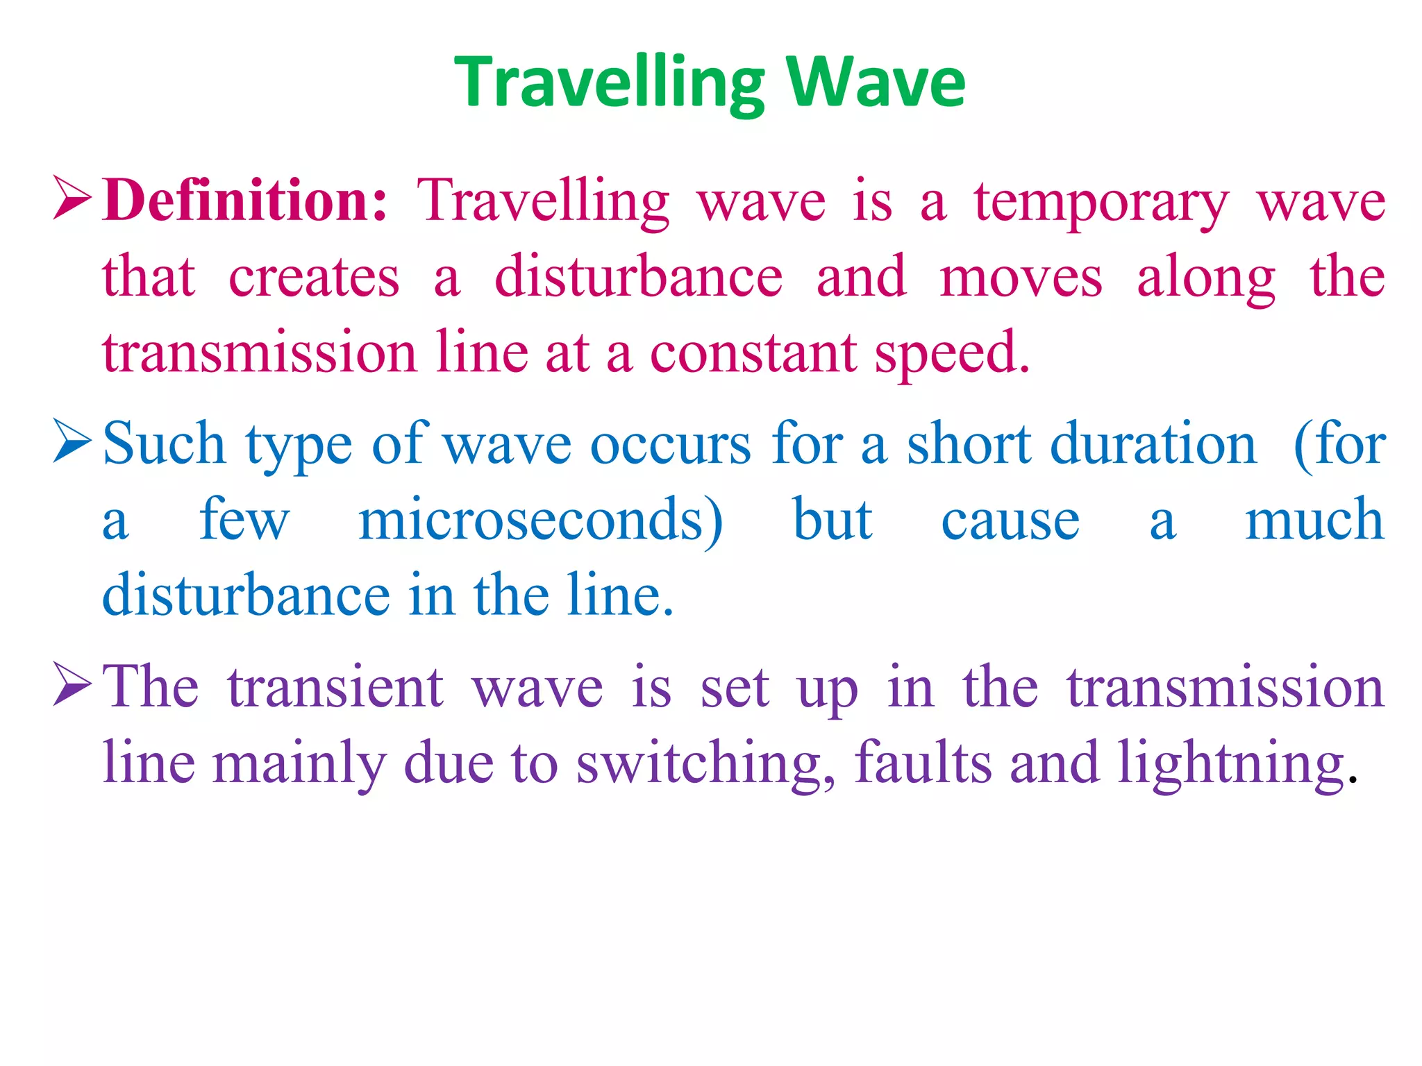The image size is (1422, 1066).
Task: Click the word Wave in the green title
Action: [x=876, y=82]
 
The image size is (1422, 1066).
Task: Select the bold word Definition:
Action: [x=244, y=201]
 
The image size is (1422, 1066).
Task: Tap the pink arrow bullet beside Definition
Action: [x=72, y=199]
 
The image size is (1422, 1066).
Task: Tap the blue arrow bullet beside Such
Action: [x=72, y=443]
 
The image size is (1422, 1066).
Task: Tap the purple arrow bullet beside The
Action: [x=72, y=686]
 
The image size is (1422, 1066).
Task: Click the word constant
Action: [x=753, y=353]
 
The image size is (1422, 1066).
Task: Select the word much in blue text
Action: [x=1314, y=520]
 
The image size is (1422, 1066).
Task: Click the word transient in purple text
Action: [x=335, y=687]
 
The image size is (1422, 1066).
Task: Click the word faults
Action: [x=922, y=763]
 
